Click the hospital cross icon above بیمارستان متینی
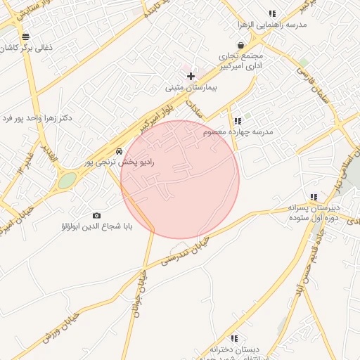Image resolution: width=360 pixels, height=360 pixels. (191, 75)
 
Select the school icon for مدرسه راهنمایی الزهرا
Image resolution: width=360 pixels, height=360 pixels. (272, 13)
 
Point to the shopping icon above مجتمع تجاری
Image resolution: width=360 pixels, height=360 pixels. (241, 45)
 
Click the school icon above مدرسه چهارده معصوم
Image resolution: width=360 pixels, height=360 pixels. (238, 121)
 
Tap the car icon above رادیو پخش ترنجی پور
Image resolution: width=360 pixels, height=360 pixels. (120, 150)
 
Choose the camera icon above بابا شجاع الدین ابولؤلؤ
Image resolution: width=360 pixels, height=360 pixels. (96, 215)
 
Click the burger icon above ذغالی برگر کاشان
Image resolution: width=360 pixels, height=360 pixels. (25, 37)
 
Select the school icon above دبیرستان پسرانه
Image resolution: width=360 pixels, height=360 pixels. (314, 197)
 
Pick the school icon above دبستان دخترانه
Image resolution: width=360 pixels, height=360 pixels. (234, 338)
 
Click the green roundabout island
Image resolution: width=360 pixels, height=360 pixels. (67, 181)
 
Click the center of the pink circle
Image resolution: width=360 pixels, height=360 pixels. (180, 179)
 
